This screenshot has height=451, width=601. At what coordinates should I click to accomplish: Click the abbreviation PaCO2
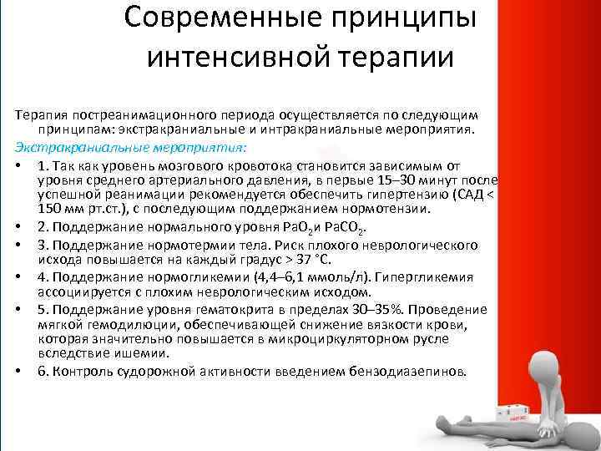[x=346, y=228]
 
